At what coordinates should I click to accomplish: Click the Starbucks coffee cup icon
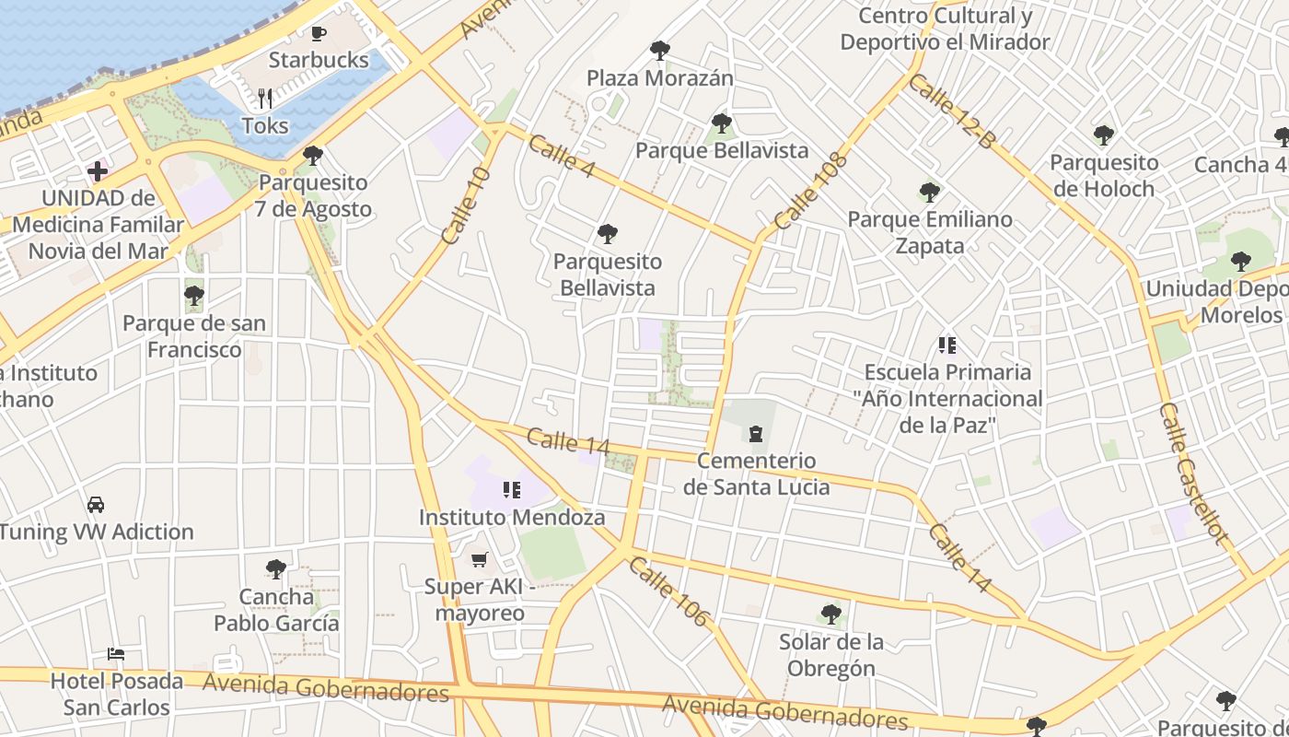point(319,34)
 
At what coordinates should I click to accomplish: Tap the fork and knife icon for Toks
point(265,99)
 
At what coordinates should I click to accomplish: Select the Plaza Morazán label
point(659,77)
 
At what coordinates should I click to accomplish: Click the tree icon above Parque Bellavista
point(722,123)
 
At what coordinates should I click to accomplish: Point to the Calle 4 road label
point(562,157)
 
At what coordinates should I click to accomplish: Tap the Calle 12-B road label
point(952,111)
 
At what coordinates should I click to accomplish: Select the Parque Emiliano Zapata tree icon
point(929,193)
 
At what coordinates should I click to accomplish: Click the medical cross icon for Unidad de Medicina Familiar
point(98,171)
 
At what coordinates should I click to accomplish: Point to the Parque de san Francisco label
point(194,336)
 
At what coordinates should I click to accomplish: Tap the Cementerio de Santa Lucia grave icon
point(756,433)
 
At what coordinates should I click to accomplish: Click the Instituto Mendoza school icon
point(511,490)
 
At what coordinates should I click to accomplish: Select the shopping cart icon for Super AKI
point(479,559)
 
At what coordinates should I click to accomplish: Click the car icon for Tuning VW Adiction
point(96,505)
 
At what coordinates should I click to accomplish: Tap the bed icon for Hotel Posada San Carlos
point(116,654)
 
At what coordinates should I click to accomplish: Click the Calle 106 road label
point(668,591)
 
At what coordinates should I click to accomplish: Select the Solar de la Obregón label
point(830,655)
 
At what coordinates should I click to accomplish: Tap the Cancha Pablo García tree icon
point(275,569)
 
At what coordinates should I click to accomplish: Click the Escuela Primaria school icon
point(947,345)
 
